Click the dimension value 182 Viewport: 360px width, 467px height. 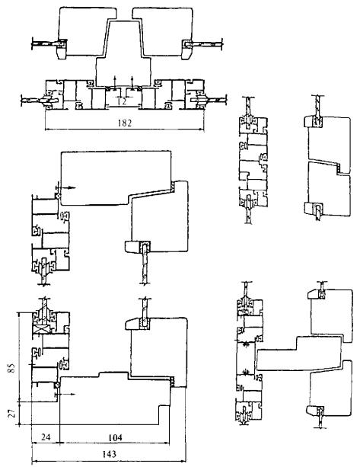coord(124,123)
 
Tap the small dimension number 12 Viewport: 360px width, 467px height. coord(122,101)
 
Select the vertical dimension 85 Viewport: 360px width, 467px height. coord(11,368)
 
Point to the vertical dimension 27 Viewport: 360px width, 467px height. coord(11,414)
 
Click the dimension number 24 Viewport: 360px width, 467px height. coord(45,437)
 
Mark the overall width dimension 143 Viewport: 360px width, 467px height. coord(109,454)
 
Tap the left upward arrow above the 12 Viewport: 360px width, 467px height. coord(116,82)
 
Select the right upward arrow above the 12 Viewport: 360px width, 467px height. coord(132,82)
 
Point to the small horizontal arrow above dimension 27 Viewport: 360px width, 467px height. coord(66,394)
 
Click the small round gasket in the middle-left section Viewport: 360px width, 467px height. coord(58,196)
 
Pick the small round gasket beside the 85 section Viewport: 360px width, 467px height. coord(57,385)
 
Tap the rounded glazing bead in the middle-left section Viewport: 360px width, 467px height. coord(132,247)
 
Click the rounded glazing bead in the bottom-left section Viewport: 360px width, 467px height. coord(132,324)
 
